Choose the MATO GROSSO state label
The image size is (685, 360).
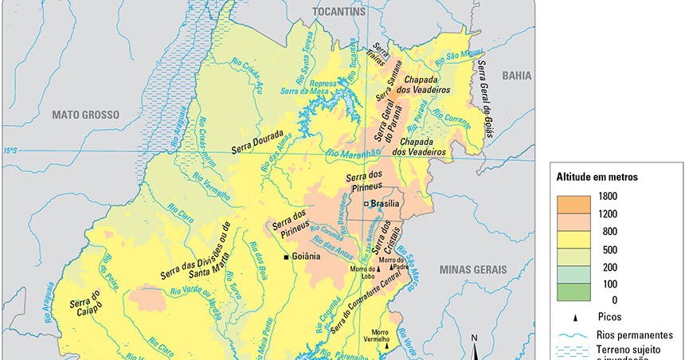pos(85,115)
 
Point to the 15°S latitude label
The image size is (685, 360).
pos(10,150)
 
